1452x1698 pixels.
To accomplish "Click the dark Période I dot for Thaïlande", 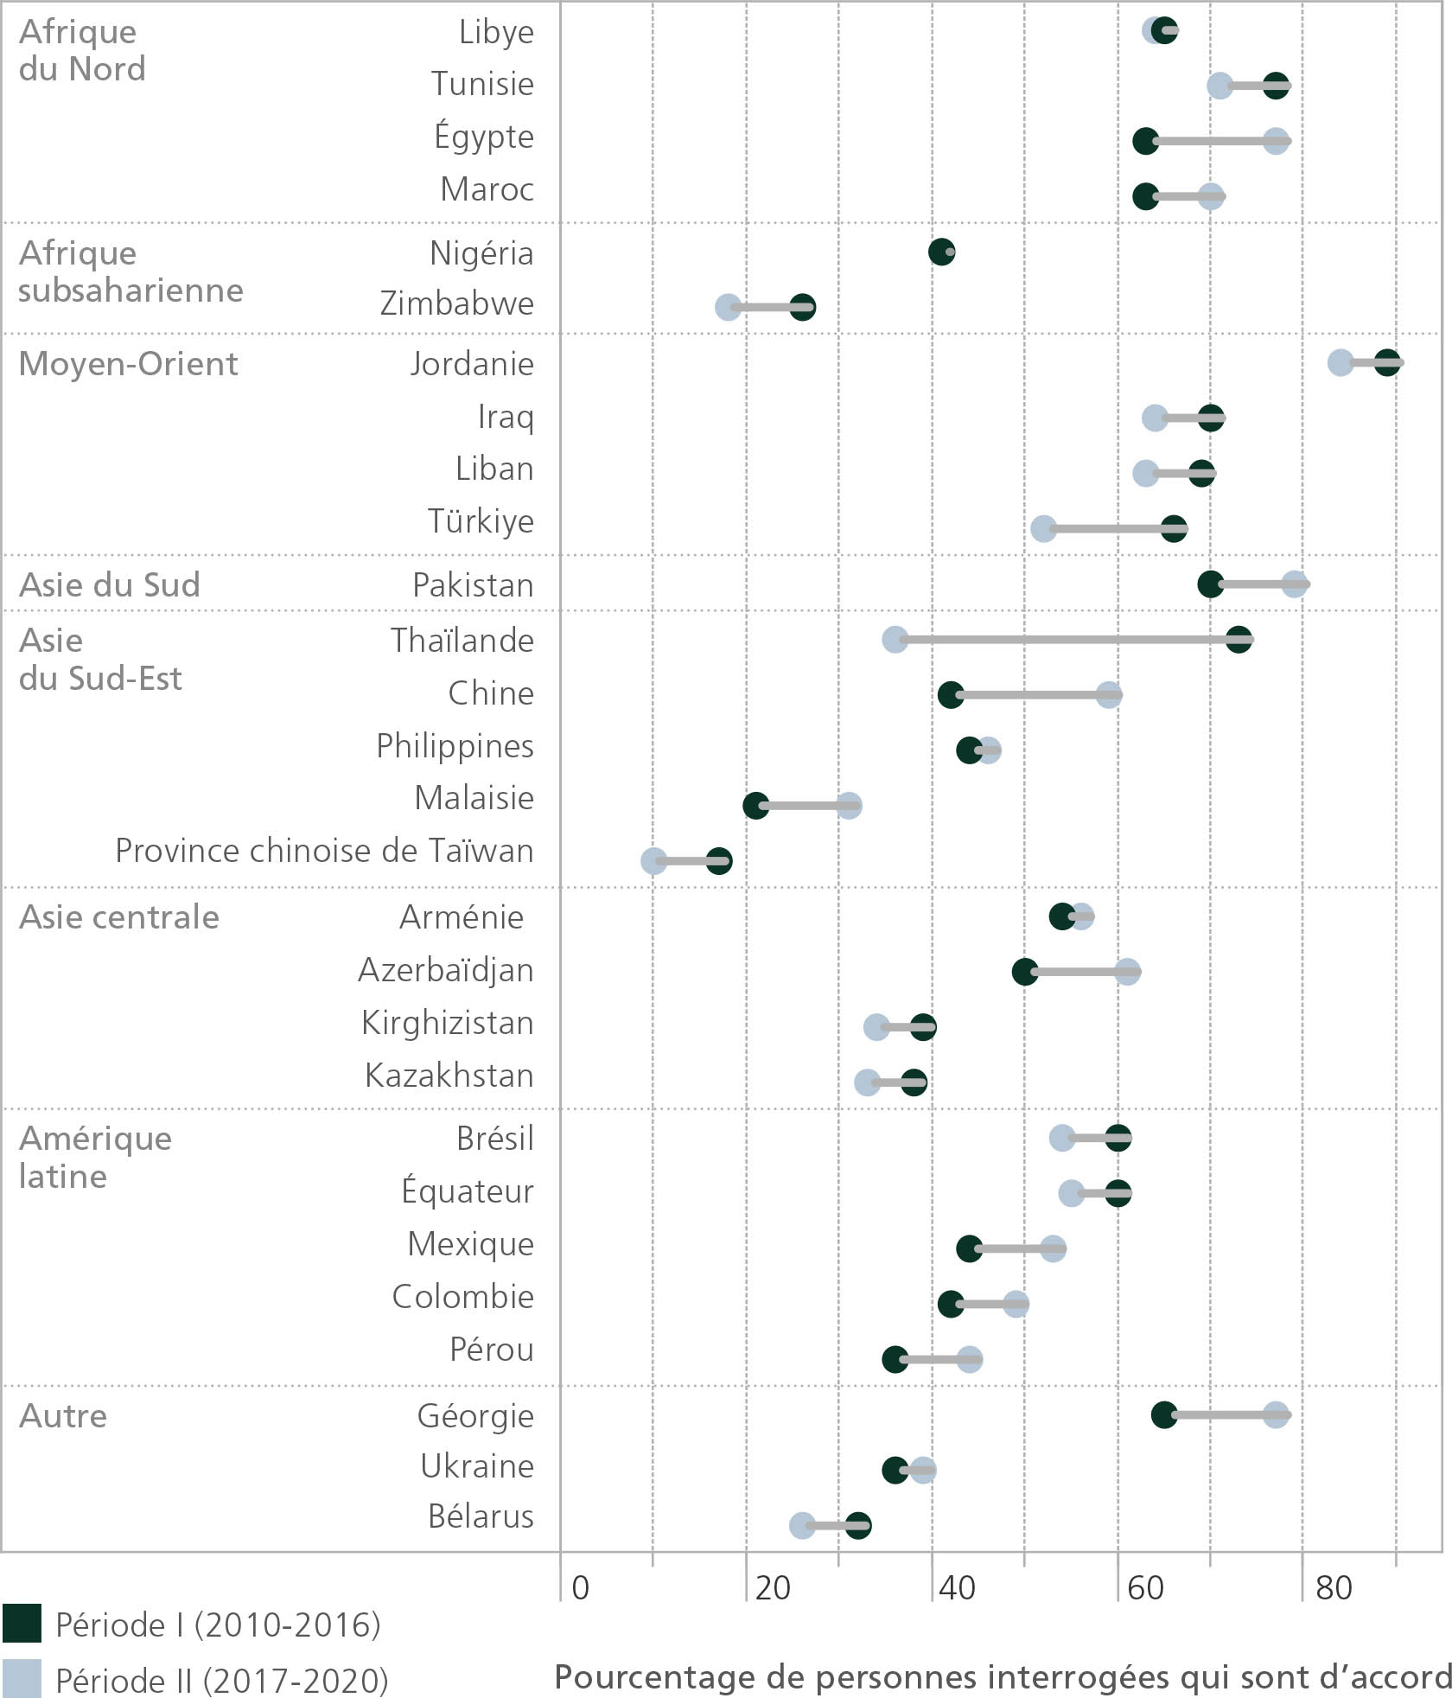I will pos(1239,640).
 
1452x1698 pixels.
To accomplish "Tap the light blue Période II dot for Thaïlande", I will pos(895,640).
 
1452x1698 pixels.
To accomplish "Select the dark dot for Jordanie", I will pos(1387,362).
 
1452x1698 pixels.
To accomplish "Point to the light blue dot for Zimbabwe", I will pos(728,307).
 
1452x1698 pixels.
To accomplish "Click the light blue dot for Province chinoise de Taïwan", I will pos(653,860).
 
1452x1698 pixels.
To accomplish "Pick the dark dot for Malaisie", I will pos(755,806).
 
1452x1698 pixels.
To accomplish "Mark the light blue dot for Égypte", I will pos(1276,141).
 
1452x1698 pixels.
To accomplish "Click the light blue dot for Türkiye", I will pos(1043,528).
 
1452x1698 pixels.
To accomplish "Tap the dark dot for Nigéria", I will pos(940,252).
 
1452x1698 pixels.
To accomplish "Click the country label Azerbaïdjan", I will pos(446,970).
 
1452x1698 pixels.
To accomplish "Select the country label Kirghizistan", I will pos(448,1023).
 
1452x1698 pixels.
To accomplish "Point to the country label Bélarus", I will pos(481,1516).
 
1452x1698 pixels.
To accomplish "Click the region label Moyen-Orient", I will pos(128,364).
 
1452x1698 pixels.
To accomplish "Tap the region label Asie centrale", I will pos(119,916).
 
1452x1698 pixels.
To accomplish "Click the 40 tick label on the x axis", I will pos(957,1587).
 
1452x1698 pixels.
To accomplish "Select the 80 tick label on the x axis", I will pos(1334,1587).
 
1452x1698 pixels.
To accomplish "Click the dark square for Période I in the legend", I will pos(22,1624).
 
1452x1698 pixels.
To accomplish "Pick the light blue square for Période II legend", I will pos(22,1678).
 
